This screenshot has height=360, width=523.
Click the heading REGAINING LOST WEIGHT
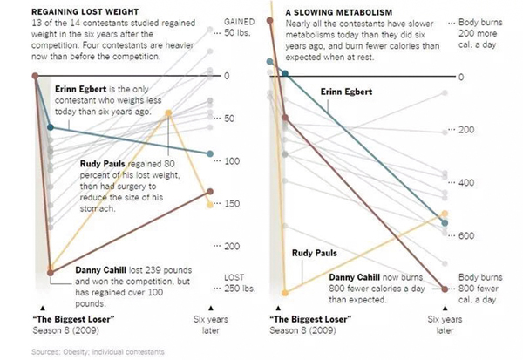tap(67, 10)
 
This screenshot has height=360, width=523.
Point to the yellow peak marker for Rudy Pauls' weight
tap(168, 114)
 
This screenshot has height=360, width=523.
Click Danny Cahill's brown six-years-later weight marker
tap(209, 191)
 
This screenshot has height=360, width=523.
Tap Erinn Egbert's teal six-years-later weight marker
tap(209, 154)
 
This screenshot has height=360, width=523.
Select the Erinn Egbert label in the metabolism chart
tap(347, 92)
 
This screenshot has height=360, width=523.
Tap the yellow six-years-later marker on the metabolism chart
tap(445, 213)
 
